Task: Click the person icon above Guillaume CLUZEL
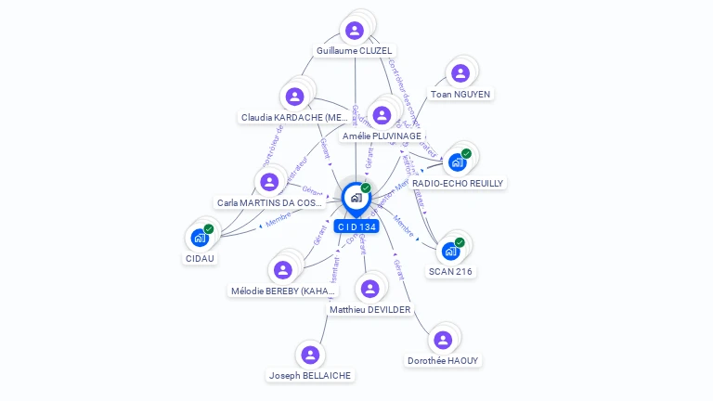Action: [x=354, y=30]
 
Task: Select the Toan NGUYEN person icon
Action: [x=459, y=73]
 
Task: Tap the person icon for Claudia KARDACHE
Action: [x=294, y=96]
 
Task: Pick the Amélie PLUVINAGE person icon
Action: [x=381, y=115]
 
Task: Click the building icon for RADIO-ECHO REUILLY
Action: [x=456, y=162]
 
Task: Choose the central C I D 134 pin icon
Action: [x=356, y=198]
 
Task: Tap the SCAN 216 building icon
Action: [x=450, y=251]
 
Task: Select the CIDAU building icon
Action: [x=200, y=238]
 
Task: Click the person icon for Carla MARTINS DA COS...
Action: [x=269, y=181]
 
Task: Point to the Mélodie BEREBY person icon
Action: [x=282, y=270]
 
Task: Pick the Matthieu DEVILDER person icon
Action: [x=369, y=289]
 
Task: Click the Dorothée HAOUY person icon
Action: [x=443, y=340]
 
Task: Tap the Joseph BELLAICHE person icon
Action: [x=310, y=355]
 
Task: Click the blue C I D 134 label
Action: [x=356, y=226]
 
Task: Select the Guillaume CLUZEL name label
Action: [x=355, y=51]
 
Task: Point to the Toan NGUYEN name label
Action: [x=460, y=94]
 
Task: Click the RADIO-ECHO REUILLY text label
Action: [x=458, y=184]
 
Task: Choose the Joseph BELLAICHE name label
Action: [x=310, y=376]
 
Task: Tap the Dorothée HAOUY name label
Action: [x=444, y=360]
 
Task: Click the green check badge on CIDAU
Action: [x=209, y=228]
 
